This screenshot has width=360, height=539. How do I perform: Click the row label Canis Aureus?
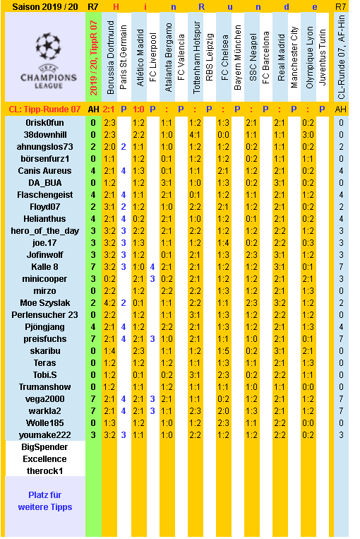click(44, 170)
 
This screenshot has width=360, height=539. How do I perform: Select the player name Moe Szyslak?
click(44, 302)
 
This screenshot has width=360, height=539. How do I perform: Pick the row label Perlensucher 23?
click(44, 314)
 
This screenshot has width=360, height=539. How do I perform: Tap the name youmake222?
click(44, 434)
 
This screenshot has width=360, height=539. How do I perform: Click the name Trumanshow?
click(44, 386)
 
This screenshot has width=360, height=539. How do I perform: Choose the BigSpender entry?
click(44, 447)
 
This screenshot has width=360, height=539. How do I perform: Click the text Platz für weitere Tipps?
click(44, 501)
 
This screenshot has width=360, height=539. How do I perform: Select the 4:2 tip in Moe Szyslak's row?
click(110, 302)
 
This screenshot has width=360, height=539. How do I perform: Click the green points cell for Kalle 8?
click(93, 266)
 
